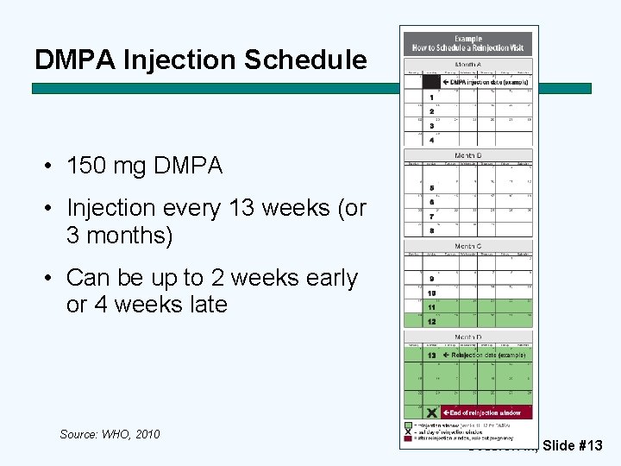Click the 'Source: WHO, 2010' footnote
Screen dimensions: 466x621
tap(110, 434)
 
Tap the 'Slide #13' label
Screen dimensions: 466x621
tap(573, 445)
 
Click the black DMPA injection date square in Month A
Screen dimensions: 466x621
tap(431, 82)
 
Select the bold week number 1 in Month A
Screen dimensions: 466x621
tap(431, 98)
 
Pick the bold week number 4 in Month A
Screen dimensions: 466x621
tap(431, 140)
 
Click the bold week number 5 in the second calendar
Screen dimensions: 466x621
tap(431, 188)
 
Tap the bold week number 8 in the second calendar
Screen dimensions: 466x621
tap(431, 230)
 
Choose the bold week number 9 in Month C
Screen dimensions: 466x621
tap(431, 279)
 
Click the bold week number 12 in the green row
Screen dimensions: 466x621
tap(431, 321)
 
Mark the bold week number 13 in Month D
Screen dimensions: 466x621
tap(431, 356)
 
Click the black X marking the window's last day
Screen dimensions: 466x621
tap(431, 412)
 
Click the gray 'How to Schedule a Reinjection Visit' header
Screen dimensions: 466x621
tap(467, 43)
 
